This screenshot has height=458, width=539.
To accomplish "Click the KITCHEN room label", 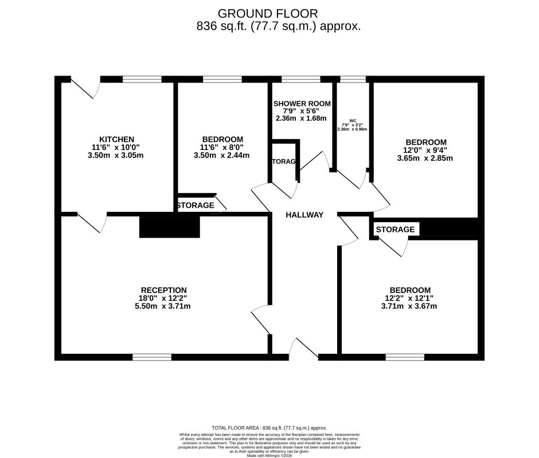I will pos(116,139).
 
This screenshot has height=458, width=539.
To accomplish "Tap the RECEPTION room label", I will pos(164,290).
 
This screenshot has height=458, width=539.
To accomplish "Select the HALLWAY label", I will pos(304,215).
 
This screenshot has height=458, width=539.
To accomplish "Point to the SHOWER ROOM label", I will pos(302,104).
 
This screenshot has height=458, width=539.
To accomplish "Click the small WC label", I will pos(353,121).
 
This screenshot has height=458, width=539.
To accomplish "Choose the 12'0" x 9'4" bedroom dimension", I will pos(425,150).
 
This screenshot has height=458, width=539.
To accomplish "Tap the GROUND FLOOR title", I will pos(268,13).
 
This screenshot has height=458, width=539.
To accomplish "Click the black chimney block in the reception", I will pos(169,227).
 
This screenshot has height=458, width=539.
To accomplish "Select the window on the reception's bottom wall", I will pos(152,357).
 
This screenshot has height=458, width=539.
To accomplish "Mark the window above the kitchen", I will pos(142,80).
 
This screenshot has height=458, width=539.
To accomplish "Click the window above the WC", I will pos(353,80).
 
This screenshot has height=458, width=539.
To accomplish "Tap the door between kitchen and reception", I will pos(92,221).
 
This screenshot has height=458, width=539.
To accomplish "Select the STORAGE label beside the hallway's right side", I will pos(395,230).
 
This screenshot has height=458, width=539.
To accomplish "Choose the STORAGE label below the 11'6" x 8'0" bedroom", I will pos(195,205).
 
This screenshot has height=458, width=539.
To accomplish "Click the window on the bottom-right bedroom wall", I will pos(405,357).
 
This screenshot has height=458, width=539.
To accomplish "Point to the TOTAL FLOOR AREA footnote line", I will pos(269,428).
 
